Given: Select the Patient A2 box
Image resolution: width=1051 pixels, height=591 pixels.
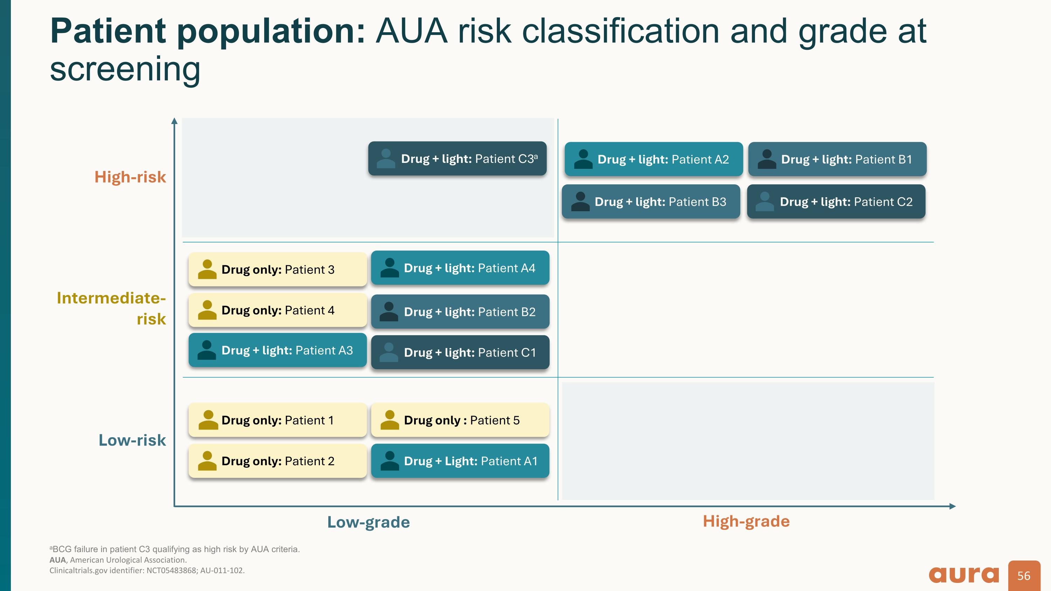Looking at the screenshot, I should pyautogui.click(x=654, y=159).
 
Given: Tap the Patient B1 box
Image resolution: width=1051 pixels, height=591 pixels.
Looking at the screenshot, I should pyautogui.click(x=837, y=159).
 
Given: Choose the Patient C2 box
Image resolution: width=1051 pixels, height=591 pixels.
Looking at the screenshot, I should pyautogui.click(x=836, y=201).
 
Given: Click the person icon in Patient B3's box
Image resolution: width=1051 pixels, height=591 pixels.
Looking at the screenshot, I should pyautogui.click(x=580, y=201).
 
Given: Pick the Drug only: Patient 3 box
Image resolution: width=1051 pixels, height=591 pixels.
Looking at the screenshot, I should pyautogui.click(x=277, y=269).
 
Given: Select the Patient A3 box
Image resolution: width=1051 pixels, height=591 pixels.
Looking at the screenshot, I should pyautogui.click(x=277, y=350).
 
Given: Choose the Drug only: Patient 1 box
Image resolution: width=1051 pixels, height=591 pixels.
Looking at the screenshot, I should pyautogui.click(x=277, y=420).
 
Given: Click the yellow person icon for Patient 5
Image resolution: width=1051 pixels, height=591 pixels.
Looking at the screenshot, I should pyautogui.click(x=389, y=420).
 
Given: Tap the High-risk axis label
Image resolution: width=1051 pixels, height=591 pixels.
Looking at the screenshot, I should pyautogui.click(x=130, y=177).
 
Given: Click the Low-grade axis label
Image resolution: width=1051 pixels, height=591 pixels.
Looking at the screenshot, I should pyautogui.click(x=369, y=522).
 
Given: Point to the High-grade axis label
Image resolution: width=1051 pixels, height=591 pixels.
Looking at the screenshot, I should pyautogui.click(x=746, y=521).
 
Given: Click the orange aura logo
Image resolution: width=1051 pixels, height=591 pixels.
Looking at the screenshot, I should pyautogui.click(x=964, y=575).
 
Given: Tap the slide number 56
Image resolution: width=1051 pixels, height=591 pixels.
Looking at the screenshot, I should pyautogui.click(x=1024, y=576).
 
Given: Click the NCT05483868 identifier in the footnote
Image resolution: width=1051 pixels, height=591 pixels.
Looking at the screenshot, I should pyautogui.click(x=171, y=571).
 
